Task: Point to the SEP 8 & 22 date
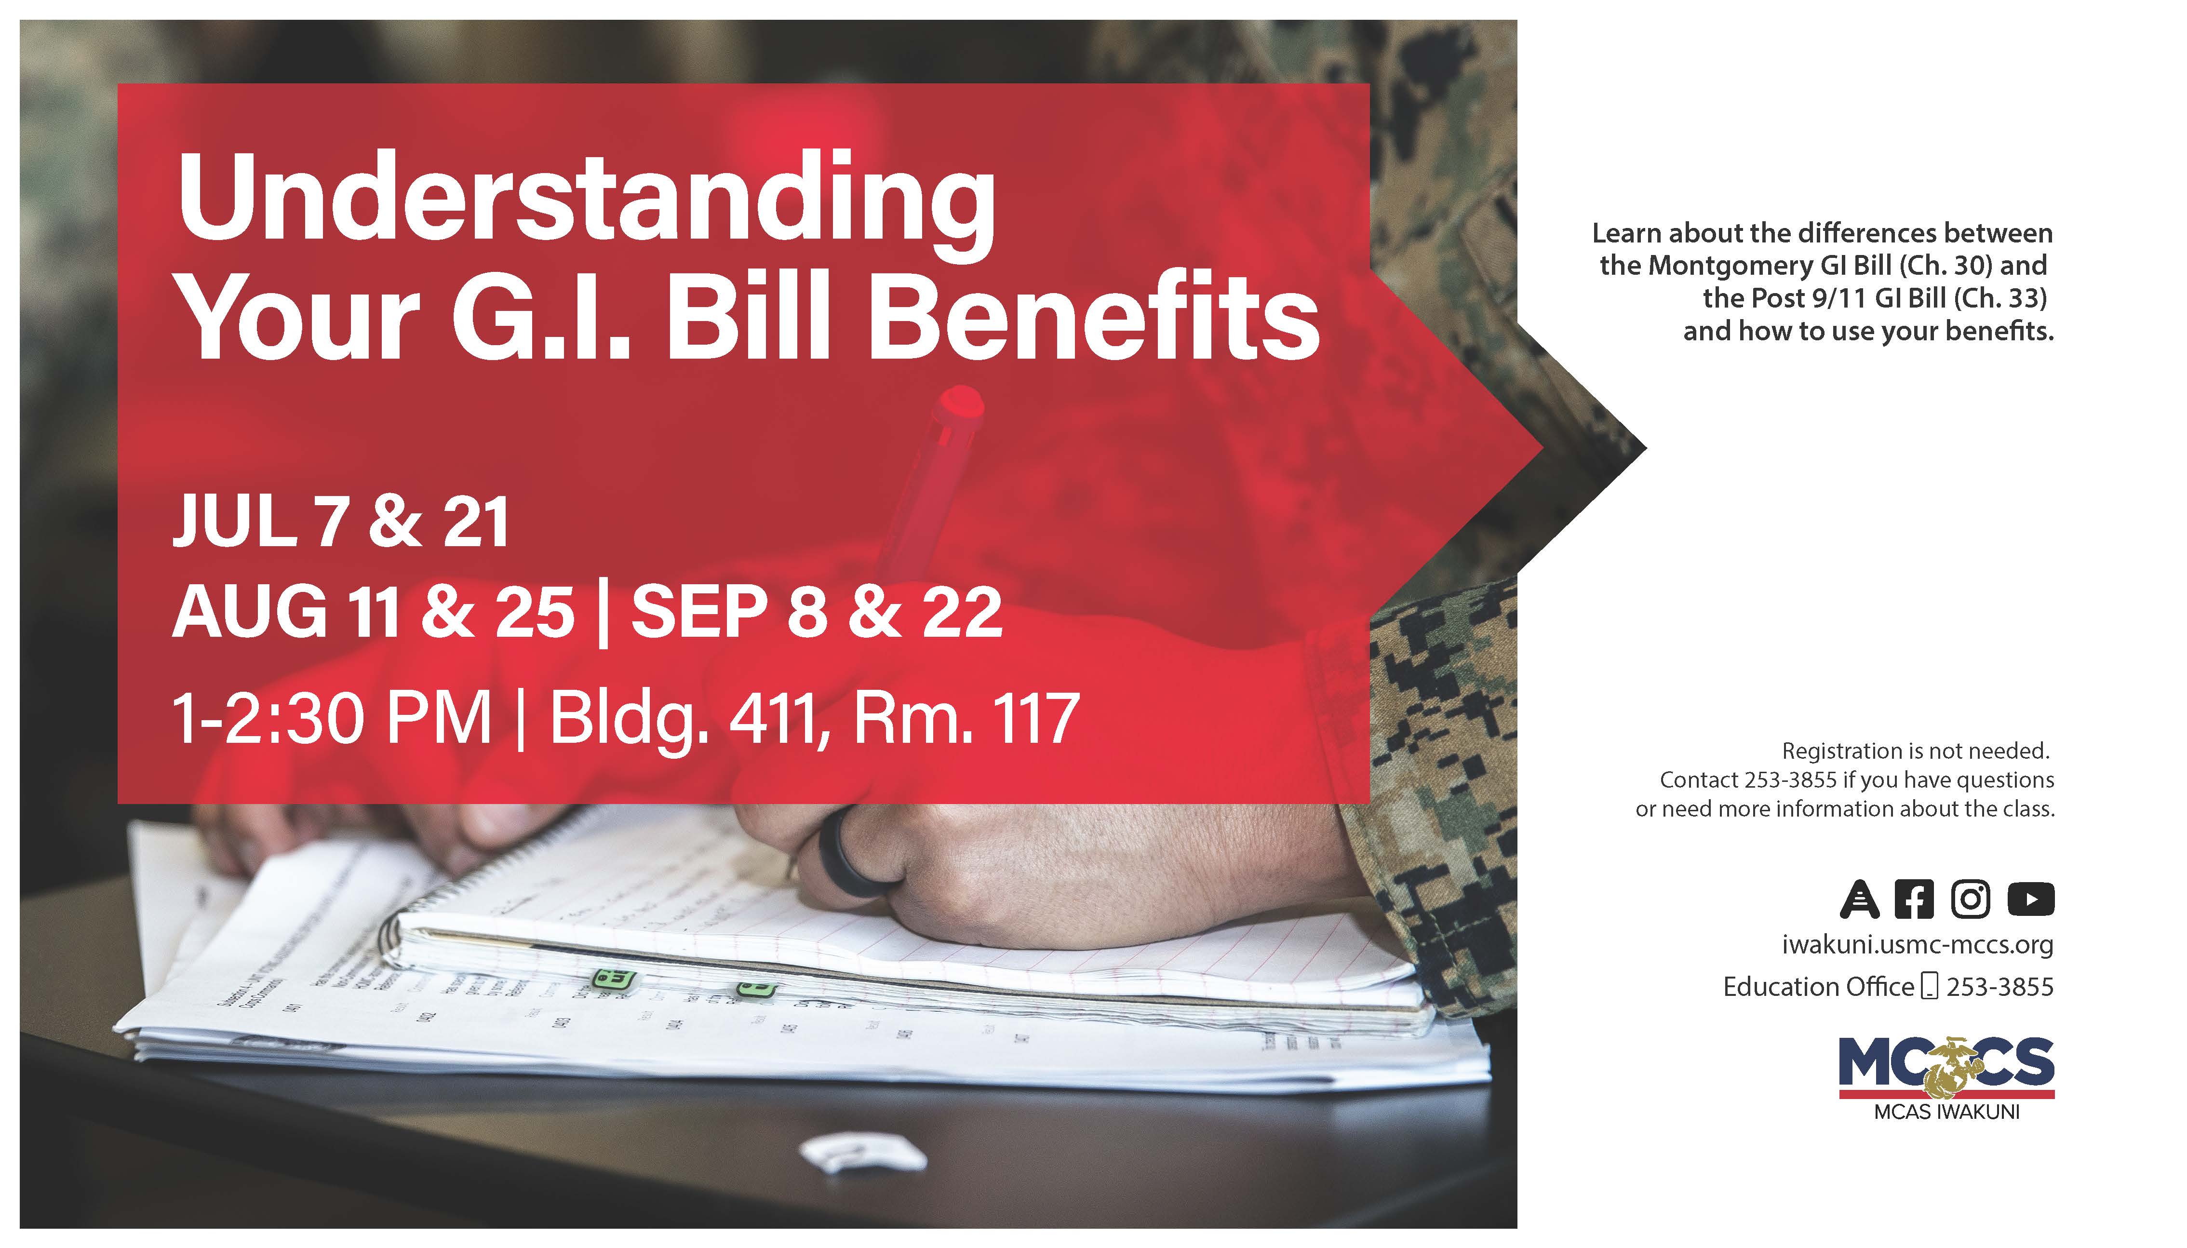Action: click(x=817, y=612)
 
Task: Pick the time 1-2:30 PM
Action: click(x=332, y=718)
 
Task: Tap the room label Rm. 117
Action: click(x=966, y=718)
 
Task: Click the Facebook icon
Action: click(x=1914, y=899)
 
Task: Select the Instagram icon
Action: click(x=1971, y=899)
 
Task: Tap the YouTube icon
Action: click(x=2030, y=899)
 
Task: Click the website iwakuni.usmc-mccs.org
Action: click(x=1917, y=945)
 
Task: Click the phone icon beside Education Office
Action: click(x=1929, y=987)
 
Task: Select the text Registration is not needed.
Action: click(x=1915, y=751)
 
